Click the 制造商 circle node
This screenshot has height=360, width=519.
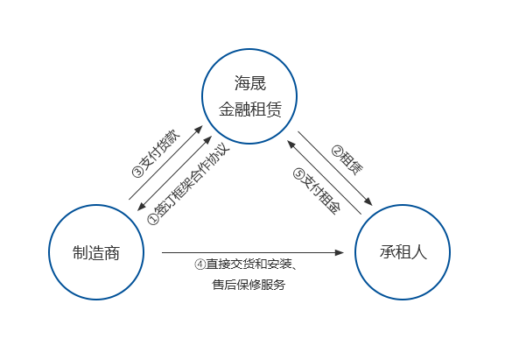(x=96, y=252)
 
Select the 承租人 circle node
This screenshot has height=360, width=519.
(x=403, y=252)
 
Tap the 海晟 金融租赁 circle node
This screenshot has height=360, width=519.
(x=249, y=96)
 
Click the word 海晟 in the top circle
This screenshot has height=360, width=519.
(x=250, y=83)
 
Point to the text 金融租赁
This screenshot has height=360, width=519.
(x=250, y=109)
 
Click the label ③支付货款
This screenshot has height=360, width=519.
(x=156, y=153)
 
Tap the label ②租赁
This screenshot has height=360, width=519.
(x=347, y=160)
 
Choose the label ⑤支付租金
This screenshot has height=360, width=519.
(x=317, y=192)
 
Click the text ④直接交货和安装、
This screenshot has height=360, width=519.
(x=246, y=265)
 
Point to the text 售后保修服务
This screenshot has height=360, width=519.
(x=249, y=285)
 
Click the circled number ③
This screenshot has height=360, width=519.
(x=137, y=172)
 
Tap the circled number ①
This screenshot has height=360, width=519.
(x=153, y=219)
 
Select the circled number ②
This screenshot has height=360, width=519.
(x=337, y=151)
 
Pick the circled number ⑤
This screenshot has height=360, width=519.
(x=298, y=173)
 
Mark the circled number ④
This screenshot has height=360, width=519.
(x=200, y=265)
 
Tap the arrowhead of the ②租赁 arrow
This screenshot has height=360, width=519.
(x=368, y=201)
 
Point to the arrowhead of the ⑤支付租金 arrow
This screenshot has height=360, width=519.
(x=291, y=144)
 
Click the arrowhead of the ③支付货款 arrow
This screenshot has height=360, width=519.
(x=199, y=129)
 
